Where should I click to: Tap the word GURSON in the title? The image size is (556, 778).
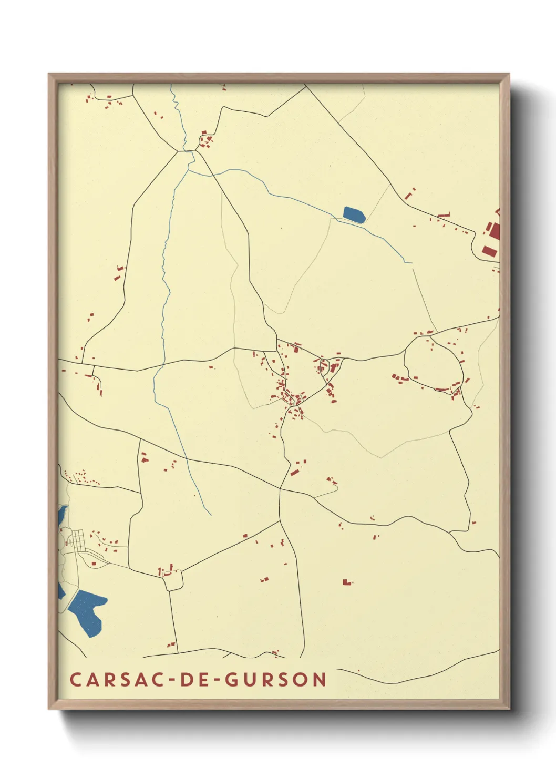point(276,679)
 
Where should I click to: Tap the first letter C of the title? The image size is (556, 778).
point(76,679)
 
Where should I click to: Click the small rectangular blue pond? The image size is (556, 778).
point(353,214)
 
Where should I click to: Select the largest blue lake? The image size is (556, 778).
point(86,610)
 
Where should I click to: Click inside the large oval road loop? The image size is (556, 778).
point(434,363)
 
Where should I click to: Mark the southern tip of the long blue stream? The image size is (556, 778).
point(210,514)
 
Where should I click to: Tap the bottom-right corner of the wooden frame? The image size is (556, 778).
point(508,708)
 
